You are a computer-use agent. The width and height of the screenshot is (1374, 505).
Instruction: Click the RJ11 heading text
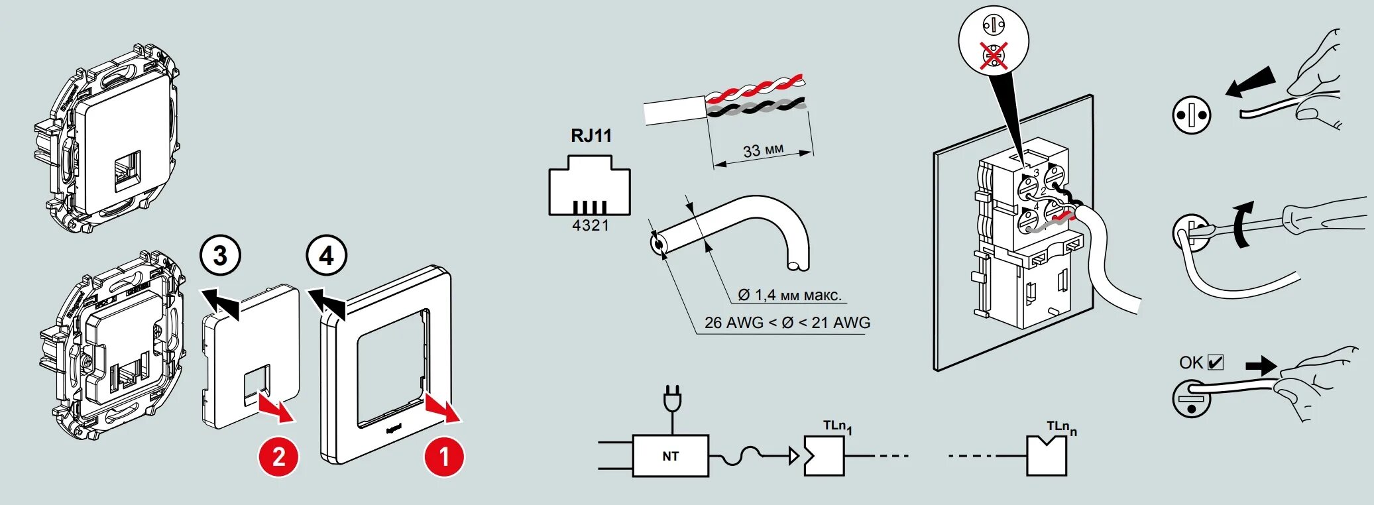(591, 136)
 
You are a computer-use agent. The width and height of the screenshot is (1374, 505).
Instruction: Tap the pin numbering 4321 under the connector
(591, 226)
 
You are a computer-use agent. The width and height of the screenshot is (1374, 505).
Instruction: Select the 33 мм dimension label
(763, 150)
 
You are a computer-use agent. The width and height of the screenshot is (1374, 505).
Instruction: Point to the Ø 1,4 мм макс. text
(789, 295)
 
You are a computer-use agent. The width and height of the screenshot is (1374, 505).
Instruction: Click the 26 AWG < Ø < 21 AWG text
(787, 323)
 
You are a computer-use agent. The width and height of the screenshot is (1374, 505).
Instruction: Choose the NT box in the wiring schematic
(670, 456)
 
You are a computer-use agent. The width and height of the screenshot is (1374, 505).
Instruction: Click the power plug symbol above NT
(672, 400)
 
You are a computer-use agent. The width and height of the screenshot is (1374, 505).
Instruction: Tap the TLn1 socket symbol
(824, 456)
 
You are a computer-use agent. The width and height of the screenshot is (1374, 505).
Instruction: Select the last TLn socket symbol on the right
(1047, 457)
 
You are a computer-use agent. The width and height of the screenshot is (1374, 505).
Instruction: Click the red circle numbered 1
(444, 457)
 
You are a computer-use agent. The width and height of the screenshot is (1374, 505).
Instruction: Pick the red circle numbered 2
(278, 457)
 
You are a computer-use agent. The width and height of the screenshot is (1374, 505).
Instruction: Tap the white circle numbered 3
(220, 256)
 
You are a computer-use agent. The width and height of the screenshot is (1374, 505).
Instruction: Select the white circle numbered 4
(326, 256)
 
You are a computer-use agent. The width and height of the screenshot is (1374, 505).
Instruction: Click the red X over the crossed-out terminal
(994, 56)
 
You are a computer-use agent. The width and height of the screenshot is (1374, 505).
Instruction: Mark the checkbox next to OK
(1216, 363)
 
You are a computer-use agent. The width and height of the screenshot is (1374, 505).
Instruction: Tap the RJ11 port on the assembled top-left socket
(127, 171)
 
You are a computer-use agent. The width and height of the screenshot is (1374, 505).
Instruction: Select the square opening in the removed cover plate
(257, 384)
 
